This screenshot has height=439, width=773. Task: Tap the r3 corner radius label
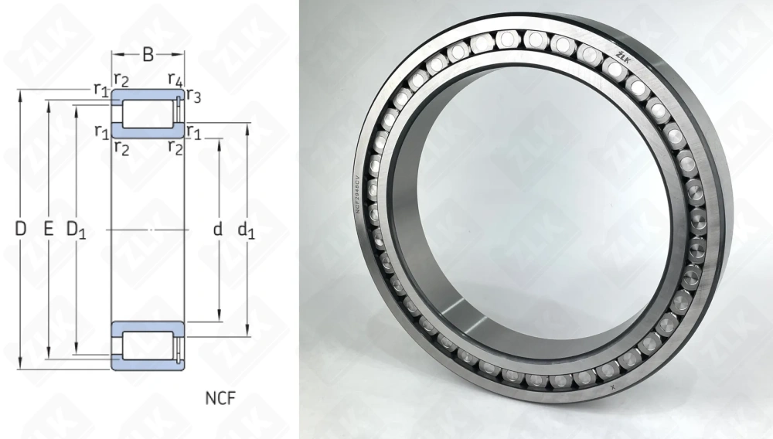click(194, 97)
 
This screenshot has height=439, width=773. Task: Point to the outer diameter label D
click(21, 229)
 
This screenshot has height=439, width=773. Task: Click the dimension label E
click(48, 229)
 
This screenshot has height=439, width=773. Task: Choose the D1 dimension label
click(76, 230)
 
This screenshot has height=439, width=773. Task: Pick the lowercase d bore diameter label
click(218, 229)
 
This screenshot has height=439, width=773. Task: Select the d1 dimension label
click(247, 230)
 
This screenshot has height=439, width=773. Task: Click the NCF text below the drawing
click(220, 399)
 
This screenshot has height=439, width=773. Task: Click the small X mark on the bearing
click(611, 383)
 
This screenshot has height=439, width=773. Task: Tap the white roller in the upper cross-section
click(148, 113)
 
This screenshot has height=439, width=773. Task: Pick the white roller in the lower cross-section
click(148, 345)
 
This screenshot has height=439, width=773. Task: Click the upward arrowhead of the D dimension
click(21, 94)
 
